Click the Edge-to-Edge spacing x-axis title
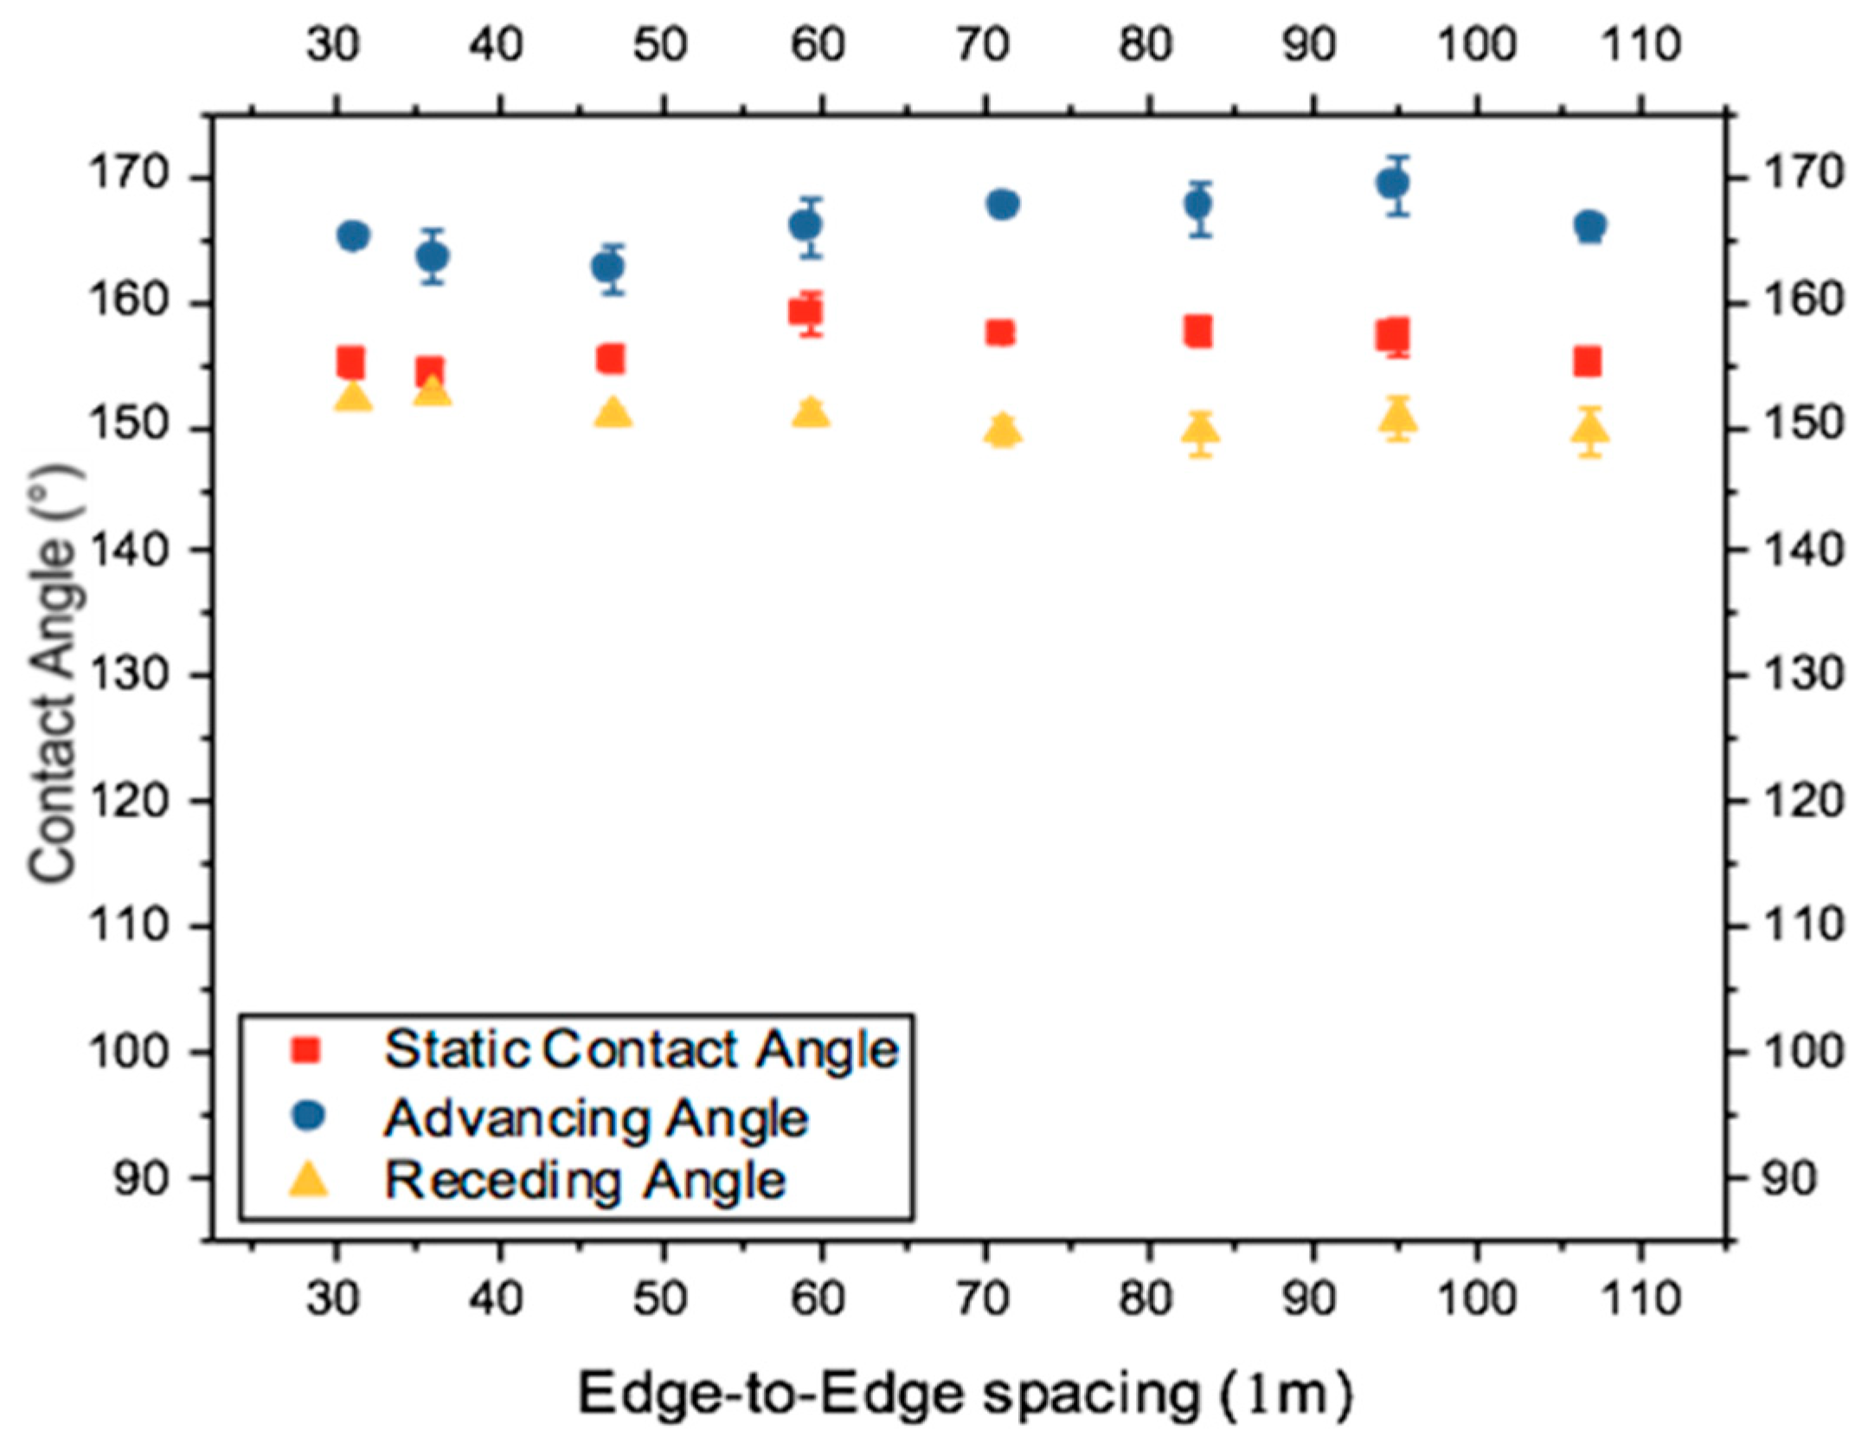[x=964, y=1394]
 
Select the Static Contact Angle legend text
[x=641, y=1050]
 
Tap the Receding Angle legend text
[x=585, y=1181]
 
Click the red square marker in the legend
[x=307, y=1050]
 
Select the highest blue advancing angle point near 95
[x=1392, y=184]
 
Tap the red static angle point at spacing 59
[x=805, y=312]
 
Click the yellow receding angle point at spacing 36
[x=432, y=391]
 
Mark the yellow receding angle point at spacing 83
[x=1199, y=428]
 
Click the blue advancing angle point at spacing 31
[x=353, y=235]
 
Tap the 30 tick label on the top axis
[x=333, y=44]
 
